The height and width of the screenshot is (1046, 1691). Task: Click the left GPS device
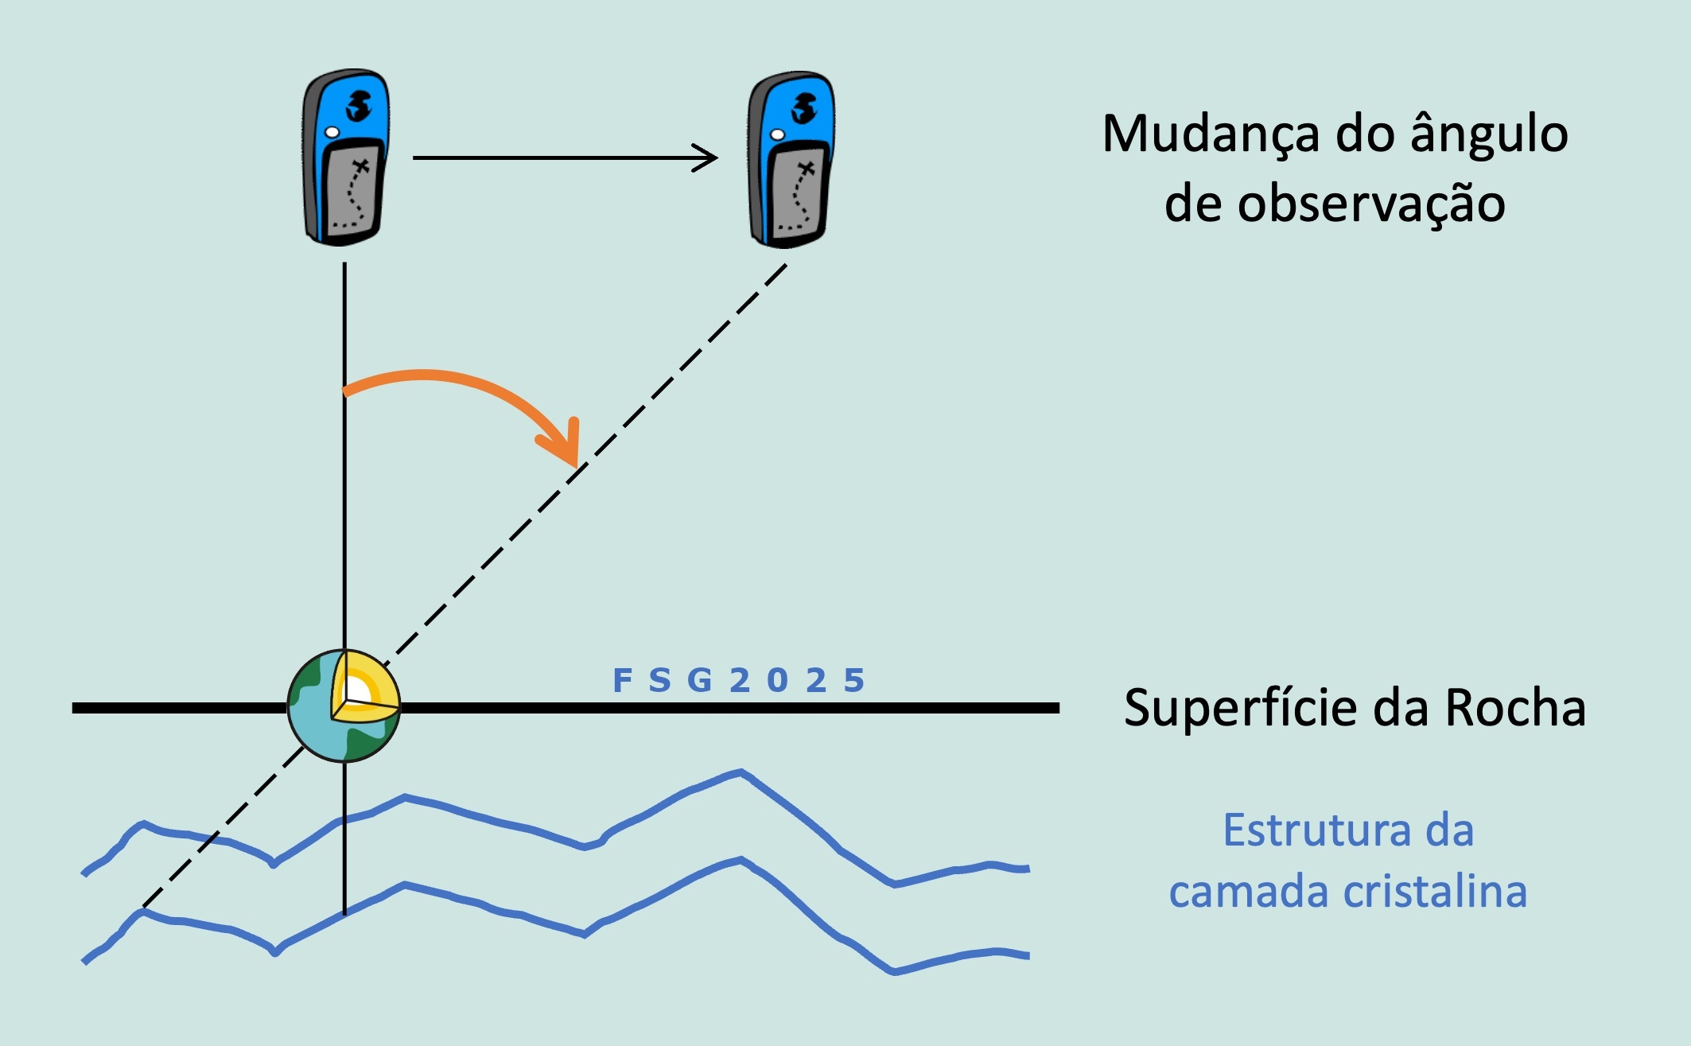[344, 157]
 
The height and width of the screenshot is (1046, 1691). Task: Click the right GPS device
[790, 159]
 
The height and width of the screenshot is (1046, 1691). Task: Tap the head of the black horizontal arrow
[711, 157]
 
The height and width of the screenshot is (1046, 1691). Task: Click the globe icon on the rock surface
[344, 706]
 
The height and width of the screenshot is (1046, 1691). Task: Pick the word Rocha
[1514, 707]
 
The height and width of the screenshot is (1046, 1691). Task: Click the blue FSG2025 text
[738, 681]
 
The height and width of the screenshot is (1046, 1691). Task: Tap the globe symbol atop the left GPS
[359, 106]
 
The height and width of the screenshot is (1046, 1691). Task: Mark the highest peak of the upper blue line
[741, 772]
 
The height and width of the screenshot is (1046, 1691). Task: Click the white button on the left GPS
[332, 132]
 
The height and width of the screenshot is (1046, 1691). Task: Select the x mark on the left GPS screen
[362, 167]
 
